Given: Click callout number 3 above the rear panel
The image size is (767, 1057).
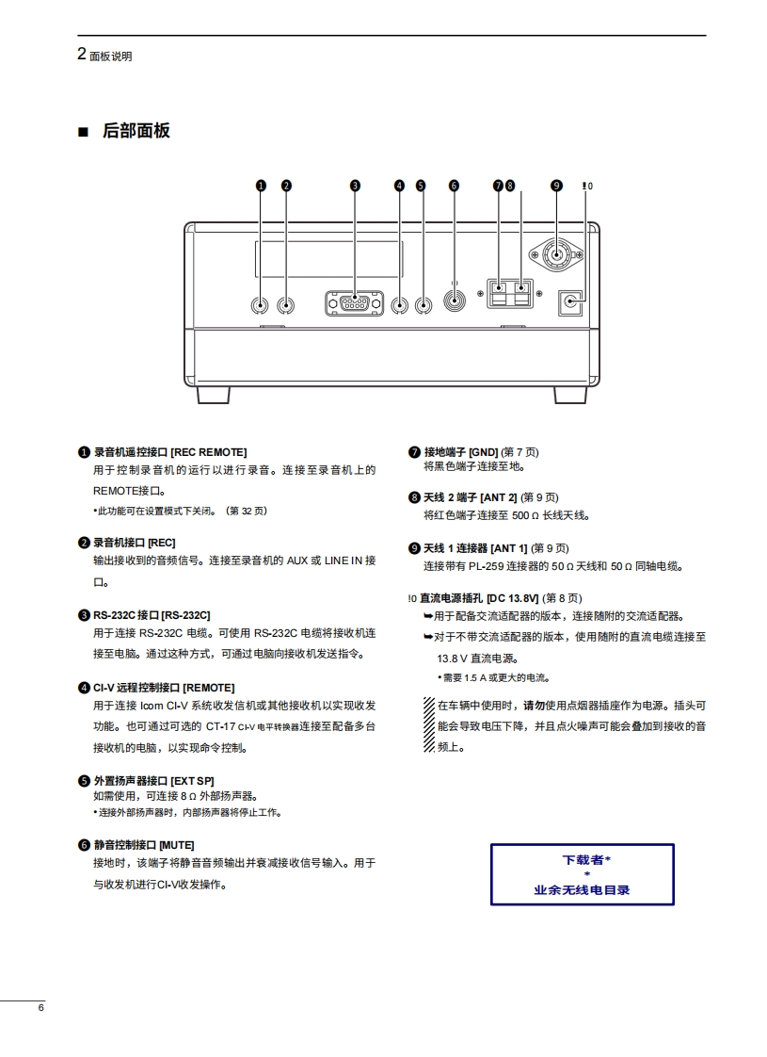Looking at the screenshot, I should click(x=355, y=186).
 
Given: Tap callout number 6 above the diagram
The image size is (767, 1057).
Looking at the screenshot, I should click(x=454, y=186).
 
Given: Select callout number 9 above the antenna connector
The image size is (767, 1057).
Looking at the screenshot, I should click(x=556, y=186).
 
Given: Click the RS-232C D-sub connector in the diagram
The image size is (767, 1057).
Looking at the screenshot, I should click(x=355, y=303).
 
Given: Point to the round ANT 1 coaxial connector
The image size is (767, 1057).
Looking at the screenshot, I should click(x=556, y=252).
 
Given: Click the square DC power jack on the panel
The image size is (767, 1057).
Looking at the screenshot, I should click(x=570, y=301).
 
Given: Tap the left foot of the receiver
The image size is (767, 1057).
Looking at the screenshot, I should click(x=213, y=394).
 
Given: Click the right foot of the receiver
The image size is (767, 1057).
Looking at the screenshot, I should click(x=571, y=394).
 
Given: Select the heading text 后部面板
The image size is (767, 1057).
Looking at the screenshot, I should click(x=136, y=131).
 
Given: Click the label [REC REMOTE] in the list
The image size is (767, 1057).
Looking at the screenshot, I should click(x=209, y=453).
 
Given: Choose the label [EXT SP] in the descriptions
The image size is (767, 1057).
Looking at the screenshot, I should click(x=193, y=781).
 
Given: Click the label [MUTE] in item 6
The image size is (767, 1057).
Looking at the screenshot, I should click(x=177, y=844).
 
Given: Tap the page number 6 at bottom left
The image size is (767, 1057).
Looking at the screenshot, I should click(x=40, y=1009).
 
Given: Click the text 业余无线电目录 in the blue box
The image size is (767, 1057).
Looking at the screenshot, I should click(x=582, y=889).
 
